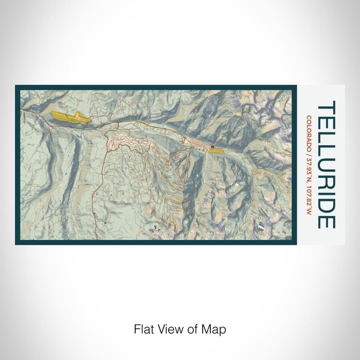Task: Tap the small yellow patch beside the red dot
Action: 217,151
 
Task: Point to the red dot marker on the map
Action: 212,147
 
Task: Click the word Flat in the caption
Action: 144,329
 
